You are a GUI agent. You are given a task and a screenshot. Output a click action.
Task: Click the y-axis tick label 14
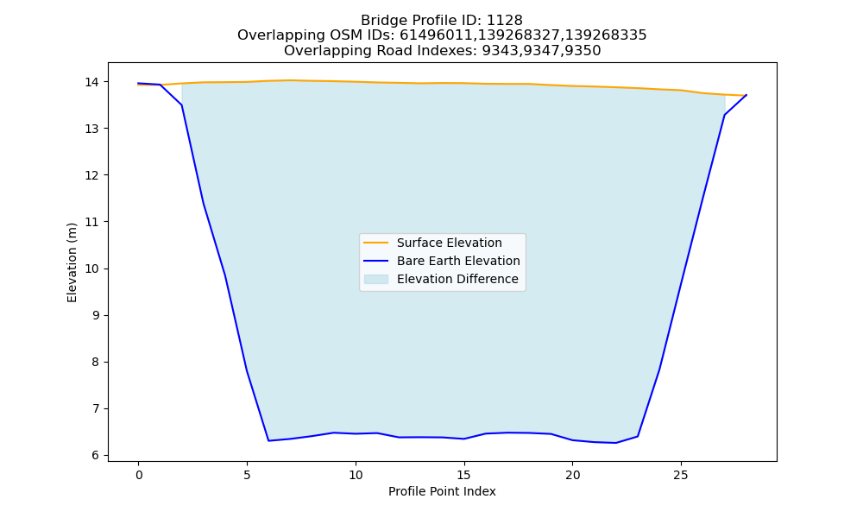coord(92,82)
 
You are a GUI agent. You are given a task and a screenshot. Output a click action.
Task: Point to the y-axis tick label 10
coord(92,268)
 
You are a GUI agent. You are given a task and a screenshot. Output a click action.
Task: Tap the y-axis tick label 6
coord(96,455)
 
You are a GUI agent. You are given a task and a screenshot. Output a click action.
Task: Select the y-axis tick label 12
coord(92,175)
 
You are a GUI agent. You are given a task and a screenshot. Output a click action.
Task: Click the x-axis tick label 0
coord(139,475)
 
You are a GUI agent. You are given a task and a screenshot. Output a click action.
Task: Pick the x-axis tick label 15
coord(464,475)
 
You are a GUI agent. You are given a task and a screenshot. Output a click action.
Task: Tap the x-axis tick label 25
coord(681,475)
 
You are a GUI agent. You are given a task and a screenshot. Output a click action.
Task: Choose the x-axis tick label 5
coord(247,475)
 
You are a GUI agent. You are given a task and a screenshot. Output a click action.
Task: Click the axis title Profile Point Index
coord(442,491)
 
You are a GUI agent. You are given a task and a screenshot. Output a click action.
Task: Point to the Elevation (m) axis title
coord(72,262)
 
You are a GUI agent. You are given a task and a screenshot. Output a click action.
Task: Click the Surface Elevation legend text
coord(449,243)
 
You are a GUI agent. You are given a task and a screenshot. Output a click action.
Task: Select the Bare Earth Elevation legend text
coord(458,261)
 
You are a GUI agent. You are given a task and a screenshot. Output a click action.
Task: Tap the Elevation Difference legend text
coord(457,279)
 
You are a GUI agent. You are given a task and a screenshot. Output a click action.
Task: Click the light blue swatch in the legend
coord(376,279)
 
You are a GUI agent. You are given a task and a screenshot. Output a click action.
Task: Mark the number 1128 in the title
coord(505,21)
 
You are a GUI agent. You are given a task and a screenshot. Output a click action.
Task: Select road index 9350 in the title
coord(583,51)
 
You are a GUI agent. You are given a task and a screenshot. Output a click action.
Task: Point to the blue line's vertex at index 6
coord(268,441)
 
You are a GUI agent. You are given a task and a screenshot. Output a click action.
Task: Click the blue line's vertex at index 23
coord(638,437)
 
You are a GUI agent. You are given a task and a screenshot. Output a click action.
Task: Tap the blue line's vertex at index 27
coord(724,115)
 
